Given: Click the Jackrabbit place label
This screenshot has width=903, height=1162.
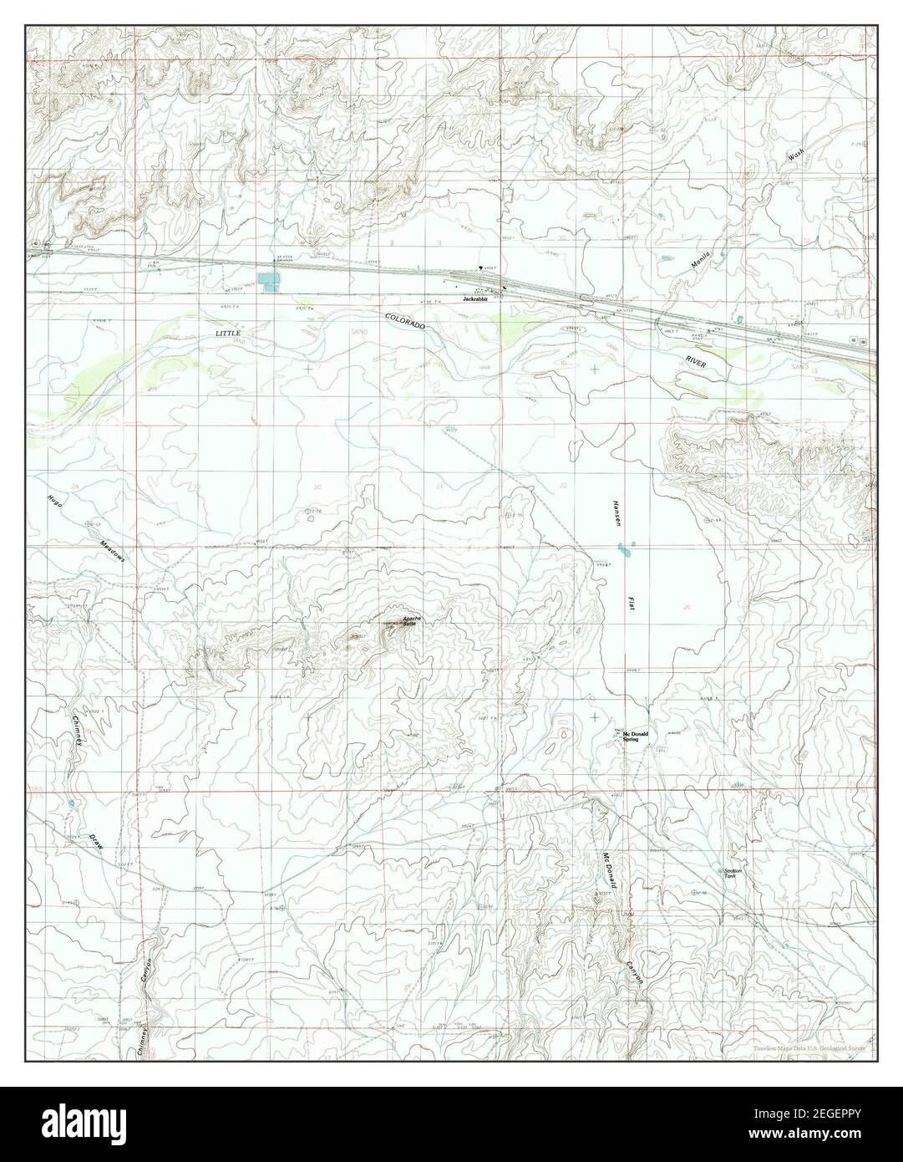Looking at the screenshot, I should coord(474,298).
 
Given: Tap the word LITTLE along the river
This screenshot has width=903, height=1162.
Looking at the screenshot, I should coord(228,333).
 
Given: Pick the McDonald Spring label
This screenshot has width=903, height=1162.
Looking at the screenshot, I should coord(635,736).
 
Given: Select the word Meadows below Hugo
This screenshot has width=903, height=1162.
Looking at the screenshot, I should coord(110,549).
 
